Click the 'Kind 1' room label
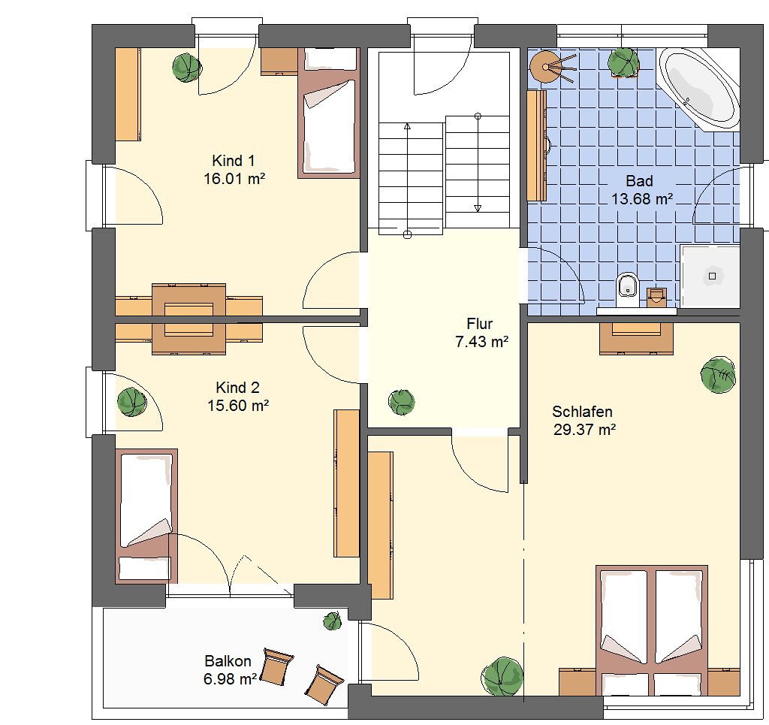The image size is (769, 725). pyautogui.click(x=234, y=161)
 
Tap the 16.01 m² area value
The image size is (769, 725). pyautogui.click(x=234, y=179)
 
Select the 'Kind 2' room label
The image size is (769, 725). pyautogui.click(x=237, y=388)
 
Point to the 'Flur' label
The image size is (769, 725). pyautogui.click(x=480, y=324)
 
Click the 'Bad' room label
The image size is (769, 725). pyautogui.click(x=640, y=181)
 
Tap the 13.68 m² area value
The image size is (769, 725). pyautogui.click(x=642, y=198)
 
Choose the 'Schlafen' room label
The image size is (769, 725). pyautogui.click(x=582, y=412)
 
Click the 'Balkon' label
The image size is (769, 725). pyautogui.click(x=228, y=661)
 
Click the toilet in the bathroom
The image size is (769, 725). pyautogui.click(x=627, y=289)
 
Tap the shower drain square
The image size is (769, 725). pyautogui.click(x=713, y=276)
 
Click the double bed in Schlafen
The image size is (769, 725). pyautogui.click(x=652, y=630)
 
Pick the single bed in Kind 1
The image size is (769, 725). pyautogui.click(x=329, y=113)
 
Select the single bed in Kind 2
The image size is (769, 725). pyautogui.click(x=146, y=516)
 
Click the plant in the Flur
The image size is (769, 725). pyautogui.click(x=402, y=402)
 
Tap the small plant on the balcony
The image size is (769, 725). pyautogui.click(x=333, y=621)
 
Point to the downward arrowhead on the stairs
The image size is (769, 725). pyautogui.click(x=478, y=208)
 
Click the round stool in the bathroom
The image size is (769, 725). pyautogui.click(x=545, y=67)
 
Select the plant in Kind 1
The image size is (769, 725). pyautogui.click(x=187, y=68)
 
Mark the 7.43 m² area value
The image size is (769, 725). pyautogui.click(x=481, y=341)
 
